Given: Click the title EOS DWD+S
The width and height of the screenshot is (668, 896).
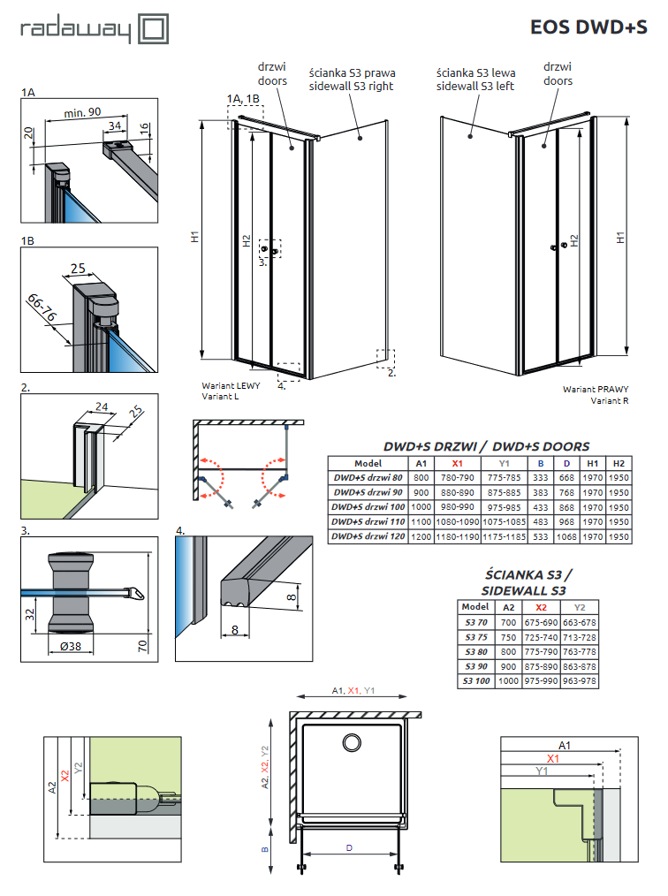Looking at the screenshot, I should tap(588, 27).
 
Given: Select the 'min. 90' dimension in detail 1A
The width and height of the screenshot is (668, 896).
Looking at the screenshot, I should tap(84, 112).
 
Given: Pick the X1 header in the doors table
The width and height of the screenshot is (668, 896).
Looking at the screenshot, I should tap(456, 462).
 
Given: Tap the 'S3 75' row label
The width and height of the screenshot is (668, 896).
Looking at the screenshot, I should tap(475, 636).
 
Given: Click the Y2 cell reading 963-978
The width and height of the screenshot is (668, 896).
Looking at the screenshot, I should tap(580, 680).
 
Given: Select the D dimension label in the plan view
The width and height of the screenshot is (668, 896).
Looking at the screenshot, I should tap(348, 847).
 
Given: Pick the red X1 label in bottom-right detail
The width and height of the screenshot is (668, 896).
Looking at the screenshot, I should tap(553, 758).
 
